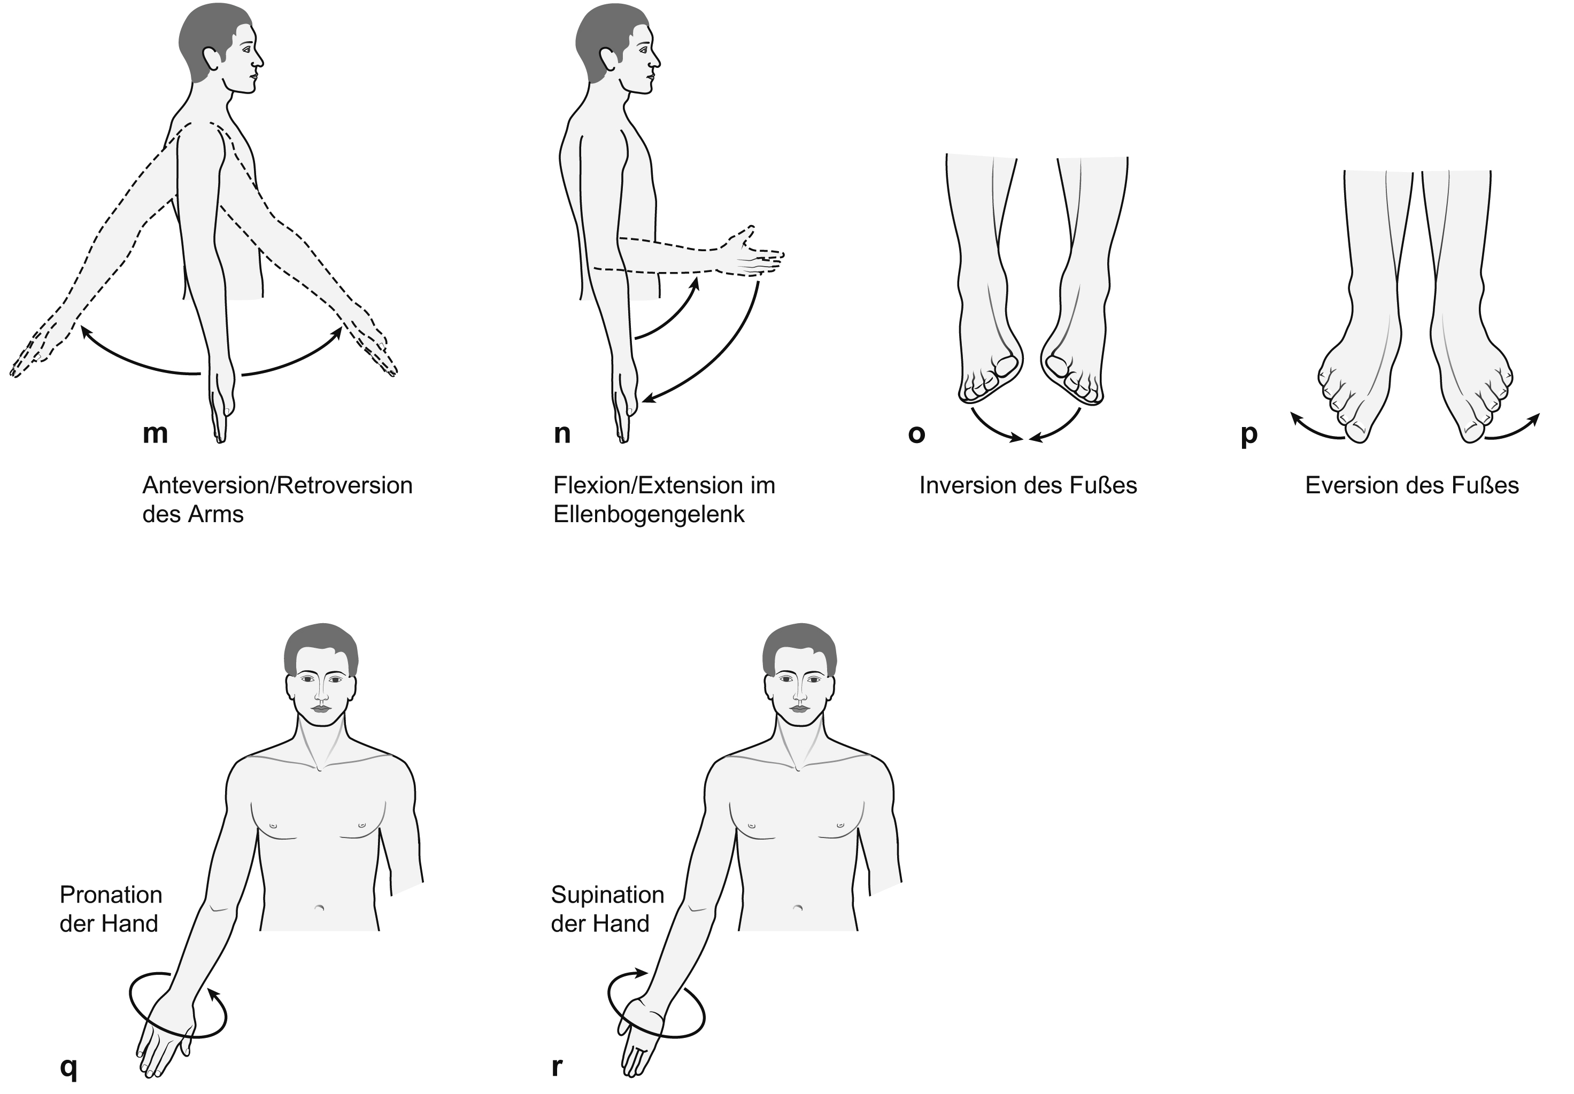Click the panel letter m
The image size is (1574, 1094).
(155, 433)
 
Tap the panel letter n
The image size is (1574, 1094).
(561, 433)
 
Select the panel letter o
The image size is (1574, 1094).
(916, 434)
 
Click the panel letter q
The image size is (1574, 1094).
(68, 1068)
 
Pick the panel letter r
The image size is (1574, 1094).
(557, 1067)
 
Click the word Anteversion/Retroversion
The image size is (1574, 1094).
(277, 485)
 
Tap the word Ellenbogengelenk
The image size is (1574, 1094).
(649, 514)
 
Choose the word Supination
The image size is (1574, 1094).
(607, 895)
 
